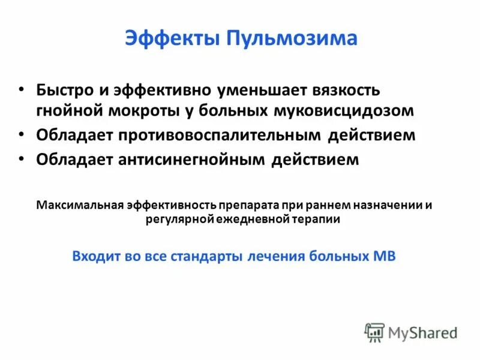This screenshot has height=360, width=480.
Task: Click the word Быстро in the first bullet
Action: (64, 90)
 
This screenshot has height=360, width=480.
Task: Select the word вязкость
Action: (345, 90)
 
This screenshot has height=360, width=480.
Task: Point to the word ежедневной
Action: (252, 220)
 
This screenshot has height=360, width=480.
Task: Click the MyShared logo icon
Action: (374, 332)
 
